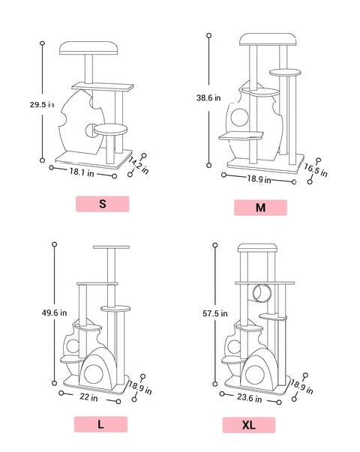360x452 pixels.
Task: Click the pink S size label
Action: click(103, 204)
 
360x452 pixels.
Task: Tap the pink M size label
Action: click(260, 208)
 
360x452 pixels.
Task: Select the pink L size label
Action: click(100, 424)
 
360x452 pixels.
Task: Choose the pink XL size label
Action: click(249, 425)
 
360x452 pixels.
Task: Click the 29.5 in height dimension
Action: click(42, 104)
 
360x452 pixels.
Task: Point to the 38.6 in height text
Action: click(208, 98)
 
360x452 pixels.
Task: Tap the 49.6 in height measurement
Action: click(55, 313)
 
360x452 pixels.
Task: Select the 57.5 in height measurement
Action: click(215, 313)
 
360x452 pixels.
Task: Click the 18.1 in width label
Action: click(82, 172)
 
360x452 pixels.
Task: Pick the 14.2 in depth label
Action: click(139, 166)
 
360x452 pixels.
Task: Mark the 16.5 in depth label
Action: click(316, 170)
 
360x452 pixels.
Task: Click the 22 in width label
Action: click(88, 397)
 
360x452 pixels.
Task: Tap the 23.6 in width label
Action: click(250, 398)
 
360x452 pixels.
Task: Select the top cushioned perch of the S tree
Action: click(88, 48)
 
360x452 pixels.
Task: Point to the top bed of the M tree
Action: click(268, 40)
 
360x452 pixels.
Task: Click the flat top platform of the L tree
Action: click(111, 247)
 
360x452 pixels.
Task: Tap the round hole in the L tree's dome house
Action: click(93, 374)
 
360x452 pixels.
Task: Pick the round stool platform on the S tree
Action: click(110, 130)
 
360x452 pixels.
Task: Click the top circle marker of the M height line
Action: click(208, 35)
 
